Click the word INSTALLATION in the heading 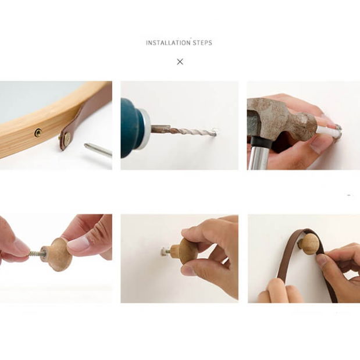click(x=168, y=42)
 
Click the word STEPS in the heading click(x=202, y=42)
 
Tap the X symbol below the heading click(x=180, y=62)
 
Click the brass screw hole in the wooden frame click(x=38, y=133)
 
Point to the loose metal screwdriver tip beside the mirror click(x=98, y=149)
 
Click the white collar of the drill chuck click(x=145, y=129)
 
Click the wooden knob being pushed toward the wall click(x=185, y=251)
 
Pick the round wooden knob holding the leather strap click(x=309, y=244)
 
